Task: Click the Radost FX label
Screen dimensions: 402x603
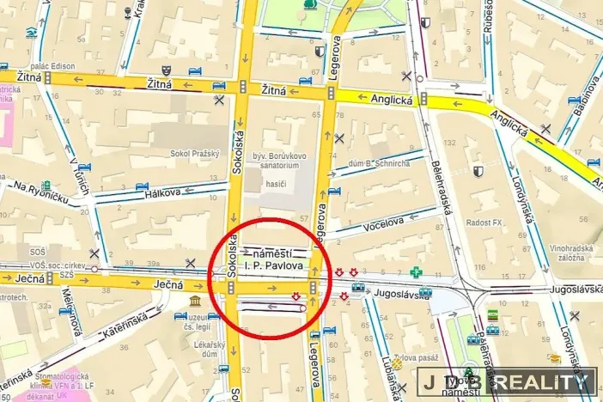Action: (484, 222)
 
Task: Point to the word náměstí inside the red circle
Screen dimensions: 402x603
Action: (274, 253)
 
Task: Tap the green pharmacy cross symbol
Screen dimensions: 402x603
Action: (417, 271)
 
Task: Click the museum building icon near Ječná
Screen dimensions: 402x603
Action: (196, 302)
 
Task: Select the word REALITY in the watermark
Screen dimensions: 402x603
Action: (545, 382)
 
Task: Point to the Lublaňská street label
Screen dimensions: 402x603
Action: (383, 374)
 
